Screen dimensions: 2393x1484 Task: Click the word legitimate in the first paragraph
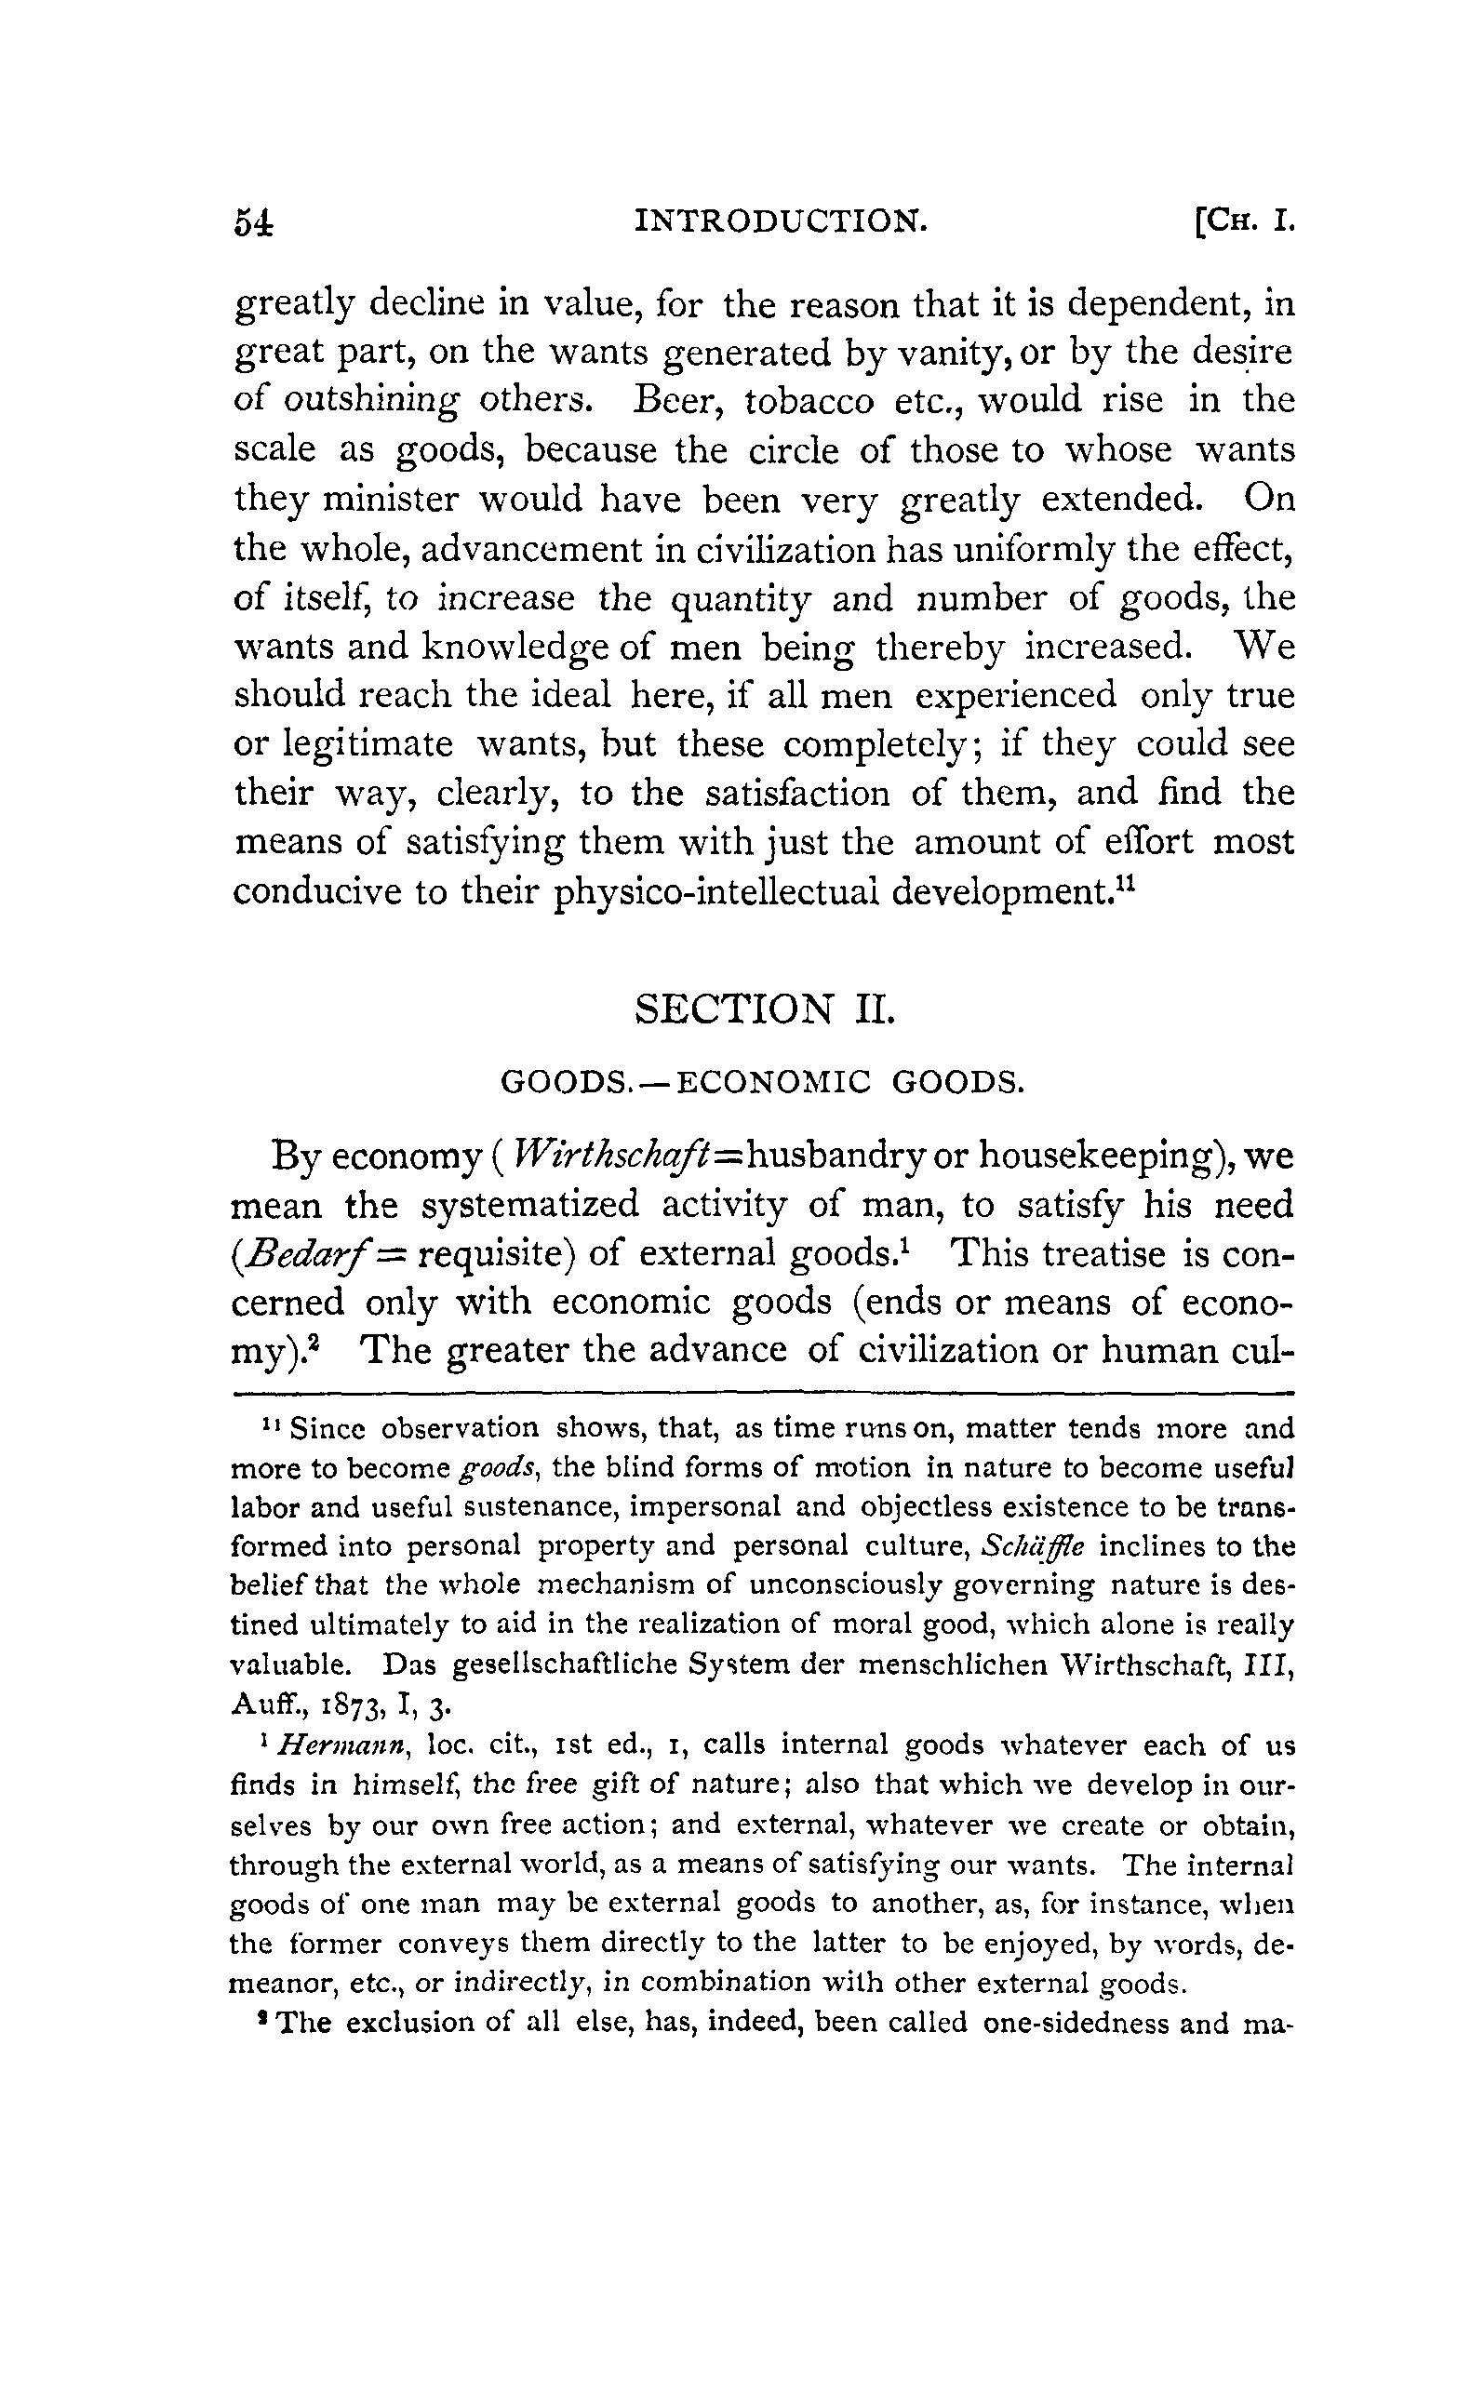point(368,744)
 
